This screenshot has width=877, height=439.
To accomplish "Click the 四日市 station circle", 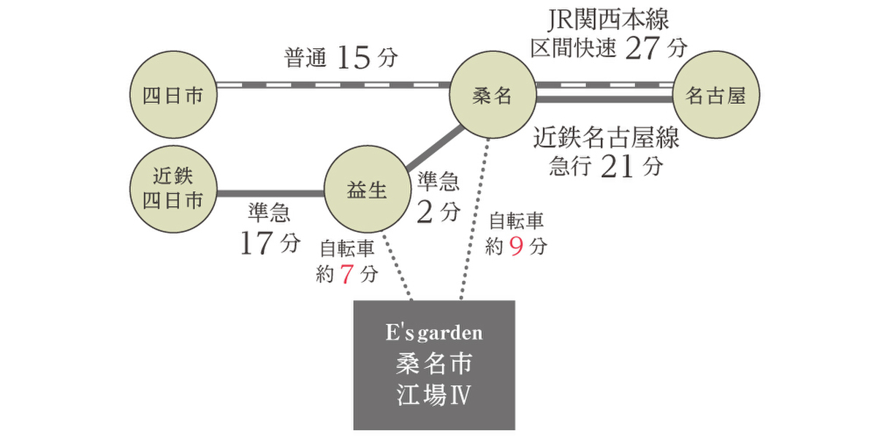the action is click(173, 94).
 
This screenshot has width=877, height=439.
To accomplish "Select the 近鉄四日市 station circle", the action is click(173, 190).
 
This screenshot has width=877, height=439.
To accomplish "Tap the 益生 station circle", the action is click(368, 190).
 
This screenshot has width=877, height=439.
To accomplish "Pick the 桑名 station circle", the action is click(493, 94).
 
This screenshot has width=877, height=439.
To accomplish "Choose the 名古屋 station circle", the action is click(716, 94).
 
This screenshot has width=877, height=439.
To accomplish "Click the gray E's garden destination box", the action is click(434, 365).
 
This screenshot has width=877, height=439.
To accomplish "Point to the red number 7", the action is click(347, 274).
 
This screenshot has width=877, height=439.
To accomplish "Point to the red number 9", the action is click(517, 247).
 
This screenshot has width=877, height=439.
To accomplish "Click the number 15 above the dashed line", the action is click(354, 58).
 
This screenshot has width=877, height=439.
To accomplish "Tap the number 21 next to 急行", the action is click(617, 167).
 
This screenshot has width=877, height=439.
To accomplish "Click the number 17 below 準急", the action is click(256, 243).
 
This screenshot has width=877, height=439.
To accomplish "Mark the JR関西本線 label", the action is click(608, 19).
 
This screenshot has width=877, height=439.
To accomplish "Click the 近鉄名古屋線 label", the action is click(606, 138).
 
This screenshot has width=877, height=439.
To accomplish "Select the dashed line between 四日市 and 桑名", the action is click(333, 85).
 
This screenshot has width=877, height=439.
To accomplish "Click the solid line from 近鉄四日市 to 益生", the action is click(270, 194).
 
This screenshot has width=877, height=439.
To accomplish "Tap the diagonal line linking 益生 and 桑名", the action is click(435, 149).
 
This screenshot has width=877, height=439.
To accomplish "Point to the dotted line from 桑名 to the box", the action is click(475, 219).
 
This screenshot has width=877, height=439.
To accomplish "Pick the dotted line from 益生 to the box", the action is click(397, 267).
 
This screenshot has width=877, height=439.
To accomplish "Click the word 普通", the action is click(305, 58).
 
